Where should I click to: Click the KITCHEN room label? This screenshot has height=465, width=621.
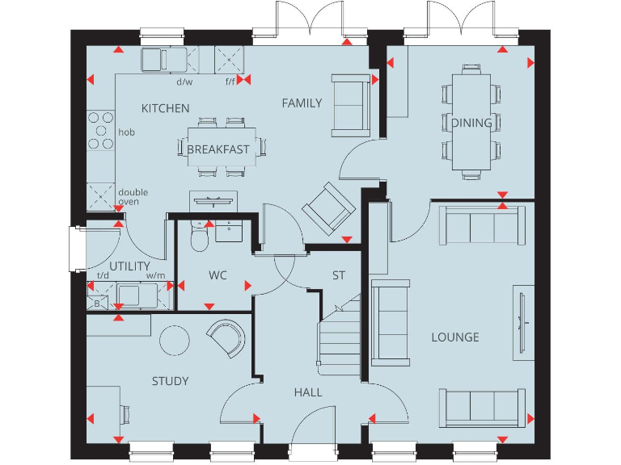[166, 108]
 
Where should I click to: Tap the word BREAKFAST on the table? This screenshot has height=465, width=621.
[218, 149]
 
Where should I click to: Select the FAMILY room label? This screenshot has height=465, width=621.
[302, 103]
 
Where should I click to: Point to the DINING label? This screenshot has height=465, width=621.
[471, 123]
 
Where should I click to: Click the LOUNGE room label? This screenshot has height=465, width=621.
[454, 337]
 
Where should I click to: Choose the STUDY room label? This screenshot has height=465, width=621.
[170, 381]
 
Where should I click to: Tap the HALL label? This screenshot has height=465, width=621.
[308, 392]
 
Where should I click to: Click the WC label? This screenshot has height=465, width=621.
[218, 275]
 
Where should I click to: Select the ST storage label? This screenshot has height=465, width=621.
[339, 275]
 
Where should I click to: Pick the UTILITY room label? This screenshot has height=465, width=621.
[129, 266]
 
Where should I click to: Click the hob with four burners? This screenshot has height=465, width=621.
[101, 130]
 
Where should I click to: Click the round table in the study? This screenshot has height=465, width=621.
[174, 341]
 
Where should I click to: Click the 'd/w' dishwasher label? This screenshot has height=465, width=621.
[184, 82]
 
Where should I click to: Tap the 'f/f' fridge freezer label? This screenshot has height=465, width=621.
[230, 82]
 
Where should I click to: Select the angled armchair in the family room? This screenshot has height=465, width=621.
[328, 208]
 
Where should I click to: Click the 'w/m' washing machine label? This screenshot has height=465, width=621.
[155, 276]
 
